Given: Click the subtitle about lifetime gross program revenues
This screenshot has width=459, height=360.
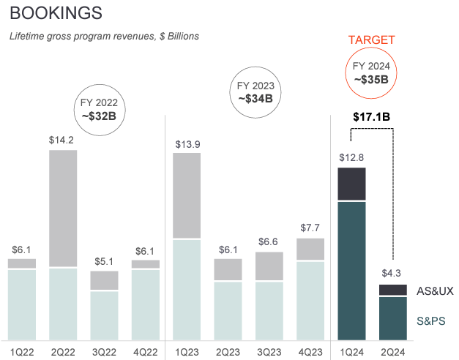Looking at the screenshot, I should point(103,36).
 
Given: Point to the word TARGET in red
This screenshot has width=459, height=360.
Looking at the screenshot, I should point(371,40).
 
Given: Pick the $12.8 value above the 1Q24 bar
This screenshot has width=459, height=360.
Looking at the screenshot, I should point(351,157).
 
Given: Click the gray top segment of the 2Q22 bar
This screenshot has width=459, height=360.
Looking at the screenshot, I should point(63,208).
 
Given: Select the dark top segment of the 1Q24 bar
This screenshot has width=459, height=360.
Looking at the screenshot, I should point(351,184).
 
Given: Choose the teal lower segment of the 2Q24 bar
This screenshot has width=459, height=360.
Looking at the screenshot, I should point(393,318).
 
